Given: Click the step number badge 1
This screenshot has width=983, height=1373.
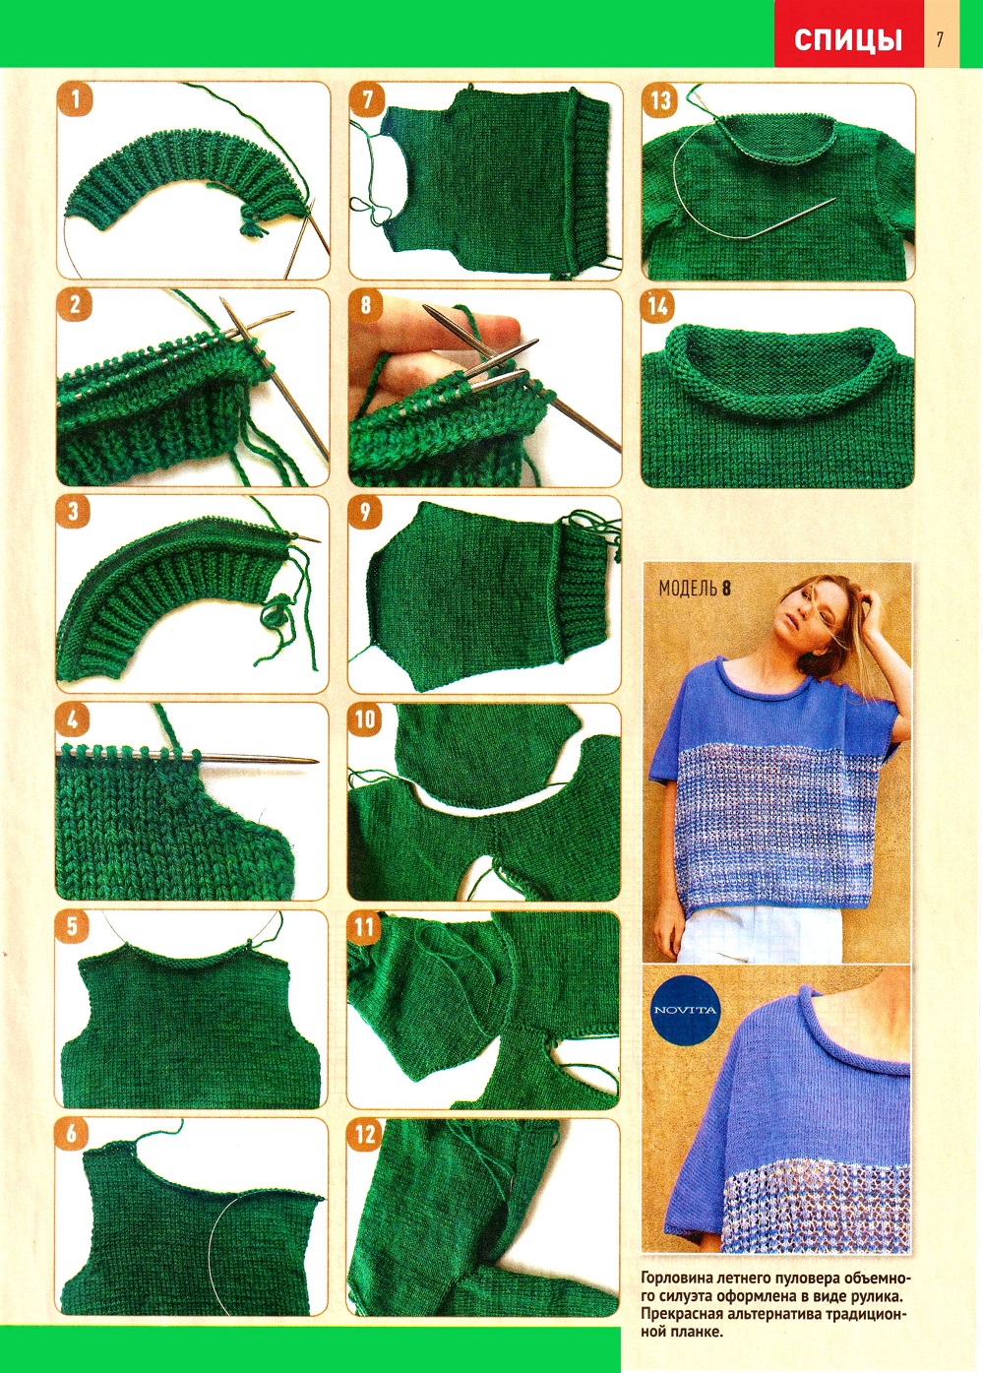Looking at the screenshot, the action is pos(75,99).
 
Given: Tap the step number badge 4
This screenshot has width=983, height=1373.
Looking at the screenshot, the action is pos(73,719).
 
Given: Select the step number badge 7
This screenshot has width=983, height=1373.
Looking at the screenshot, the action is pos(367,99).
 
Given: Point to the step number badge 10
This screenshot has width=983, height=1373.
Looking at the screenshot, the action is pos(365,719).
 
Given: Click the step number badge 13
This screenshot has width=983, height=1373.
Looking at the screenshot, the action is pos(660,99).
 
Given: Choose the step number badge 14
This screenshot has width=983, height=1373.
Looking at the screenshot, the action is pos(659,306).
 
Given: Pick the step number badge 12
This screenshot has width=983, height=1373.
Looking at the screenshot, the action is pos(365,1135).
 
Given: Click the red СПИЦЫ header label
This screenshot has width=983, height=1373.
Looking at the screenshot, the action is pos(848,40).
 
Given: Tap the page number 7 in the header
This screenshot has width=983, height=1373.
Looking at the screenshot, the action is pos(940,39).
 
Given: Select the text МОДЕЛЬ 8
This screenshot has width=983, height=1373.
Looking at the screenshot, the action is pos(695,589).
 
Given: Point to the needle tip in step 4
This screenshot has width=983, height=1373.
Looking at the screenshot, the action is pos(315,761).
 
